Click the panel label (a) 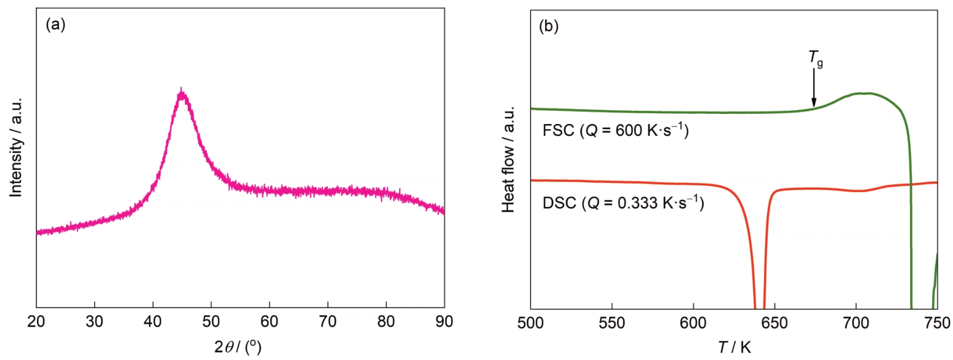click(55, 25)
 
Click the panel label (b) click(548, 26)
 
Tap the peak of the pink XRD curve click(181, 91)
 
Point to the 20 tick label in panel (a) click(36, 322)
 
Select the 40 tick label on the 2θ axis click(153, 322)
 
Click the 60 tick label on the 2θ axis click(269, 322)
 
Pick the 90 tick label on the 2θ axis click(444, 322)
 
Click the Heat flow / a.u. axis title click(508, 159)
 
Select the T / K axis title click(734, 347)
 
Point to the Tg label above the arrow click(815, 58)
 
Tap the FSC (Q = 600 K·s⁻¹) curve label click(616, 131)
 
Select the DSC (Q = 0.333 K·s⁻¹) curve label click(623, 203)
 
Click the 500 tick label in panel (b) click(530, 323)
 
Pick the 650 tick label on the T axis click(774, 323)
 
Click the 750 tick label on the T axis click(937, 323)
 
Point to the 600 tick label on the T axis click(693, 323)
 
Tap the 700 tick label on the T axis click(856, 323)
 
